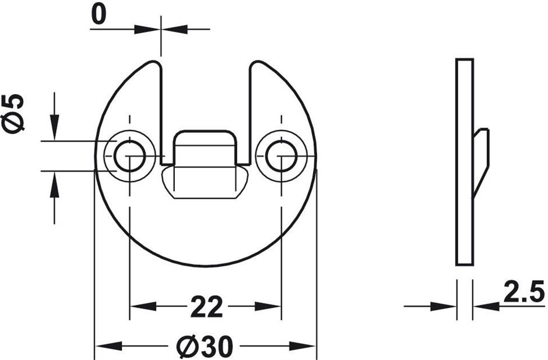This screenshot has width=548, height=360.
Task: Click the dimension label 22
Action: (206, 307)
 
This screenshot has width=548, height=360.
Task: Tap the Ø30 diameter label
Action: (205, 347)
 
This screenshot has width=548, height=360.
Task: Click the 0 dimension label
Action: (98, 15)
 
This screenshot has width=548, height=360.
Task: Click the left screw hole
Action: (129, 156)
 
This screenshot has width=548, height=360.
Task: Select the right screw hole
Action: (282, 156)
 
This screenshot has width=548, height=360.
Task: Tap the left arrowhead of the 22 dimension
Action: (143, 307)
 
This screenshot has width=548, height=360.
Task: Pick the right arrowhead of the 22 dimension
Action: (268, 307)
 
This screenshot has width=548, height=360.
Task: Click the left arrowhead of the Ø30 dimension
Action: (108, 347)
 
